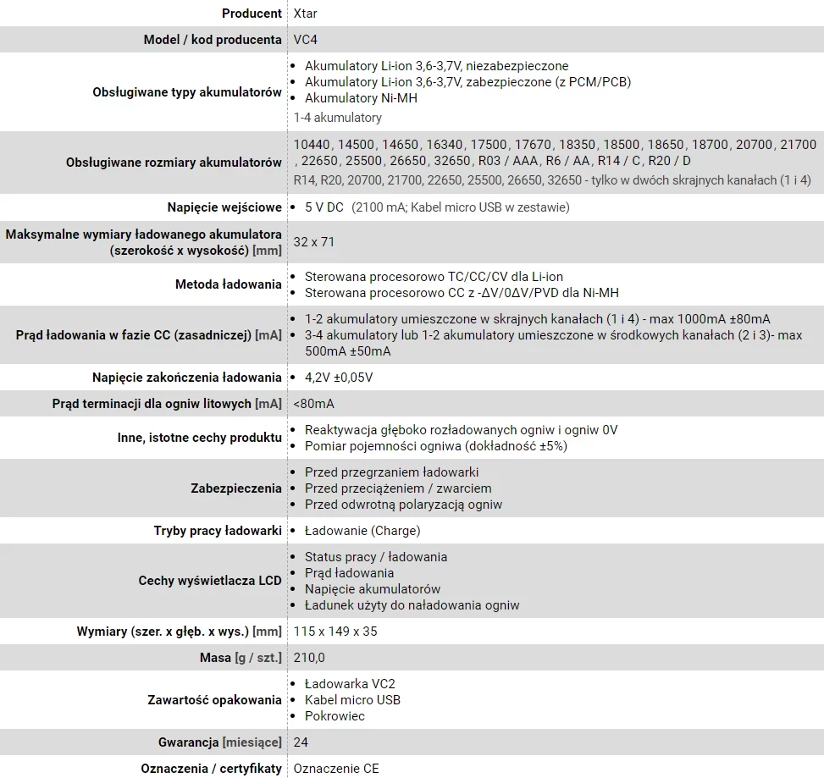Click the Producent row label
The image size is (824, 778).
click(252, 14)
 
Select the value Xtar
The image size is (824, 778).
click(306, 14)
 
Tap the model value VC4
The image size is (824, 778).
click(306, 40)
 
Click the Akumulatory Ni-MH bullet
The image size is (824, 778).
click(361, 98)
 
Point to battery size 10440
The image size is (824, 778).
click(311, 145)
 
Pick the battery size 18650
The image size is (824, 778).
click(663, 145)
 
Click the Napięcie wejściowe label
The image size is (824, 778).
click(224, 207)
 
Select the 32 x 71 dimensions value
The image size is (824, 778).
click(314, 242)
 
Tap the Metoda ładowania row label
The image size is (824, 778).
click(228, 284)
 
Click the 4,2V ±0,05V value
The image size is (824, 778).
click(339, 378)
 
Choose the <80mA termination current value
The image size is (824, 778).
click(314, 404)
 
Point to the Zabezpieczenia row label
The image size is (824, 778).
click(236, 488)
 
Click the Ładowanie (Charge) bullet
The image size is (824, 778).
click(362, 531)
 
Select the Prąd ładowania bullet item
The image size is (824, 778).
click(349, 573)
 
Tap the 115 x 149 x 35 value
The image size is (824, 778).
click(335, 632)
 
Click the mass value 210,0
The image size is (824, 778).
click(309, 658)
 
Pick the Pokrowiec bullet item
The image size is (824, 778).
click(335, 716)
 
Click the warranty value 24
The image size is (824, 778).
click(301, 742)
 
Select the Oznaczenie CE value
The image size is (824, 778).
click(336, 769)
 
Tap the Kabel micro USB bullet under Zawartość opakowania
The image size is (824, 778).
click(352, 700)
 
